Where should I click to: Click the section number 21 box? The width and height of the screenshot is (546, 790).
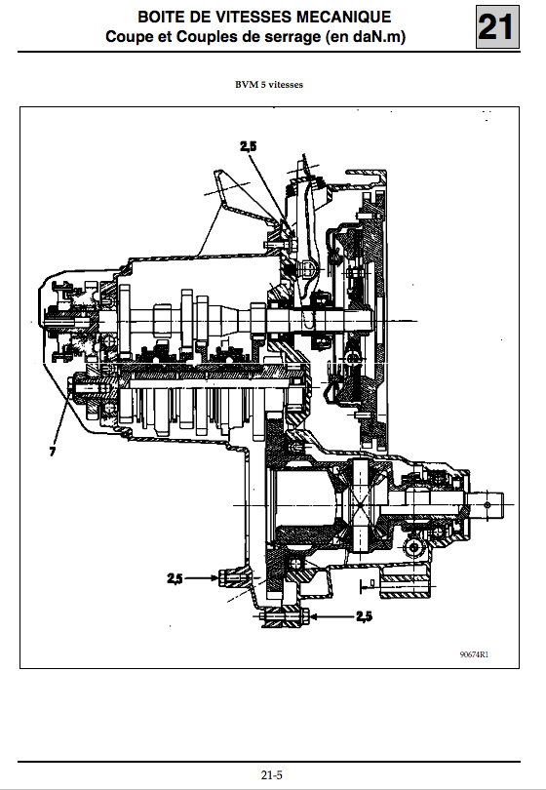click(x=497, y=26)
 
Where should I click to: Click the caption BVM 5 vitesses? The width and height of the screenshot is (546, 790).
click(x=269, y=85)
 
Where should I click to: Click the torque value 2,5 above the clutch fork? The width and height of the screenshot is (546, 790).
click(x=249, y=146)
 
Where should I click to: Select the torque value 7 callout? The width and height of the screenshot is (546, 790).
click(x=53, y=452)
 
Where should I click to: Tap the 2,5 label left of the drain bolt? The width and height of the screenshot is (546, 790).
click(x=175, y=579)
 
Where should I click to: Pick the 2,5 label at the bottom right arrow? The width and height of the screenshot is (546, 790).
click(x=365, y=616)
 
